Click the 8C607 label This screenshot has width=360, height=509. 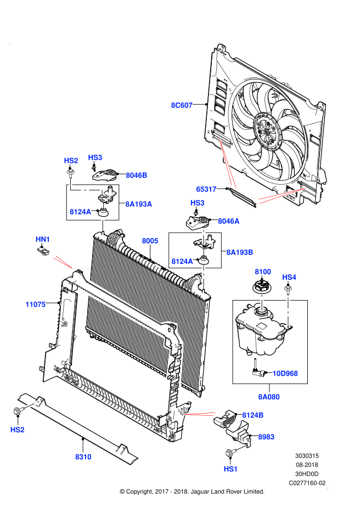182,105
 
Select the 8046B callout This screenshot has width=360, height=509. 137,176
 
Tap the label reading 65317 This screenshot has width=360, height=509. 206,189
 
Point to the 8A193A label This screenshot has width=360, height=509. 139,204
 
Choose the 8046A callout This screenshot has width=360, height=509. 229,221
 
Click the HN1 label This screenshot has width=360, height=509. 43,239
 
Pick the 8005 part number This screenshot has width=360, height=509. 150,241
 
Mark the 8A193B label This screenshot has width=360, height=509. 240,252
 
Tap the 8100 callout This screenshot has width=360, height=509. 263,272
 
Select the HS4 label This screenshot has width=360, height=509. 289,277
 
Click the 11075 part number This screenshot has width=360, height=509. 36,304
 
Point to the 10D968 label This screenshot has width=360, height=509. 285,374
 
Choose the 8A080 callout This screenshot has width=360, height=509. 269,397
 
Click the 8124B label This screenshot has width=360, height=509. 253,415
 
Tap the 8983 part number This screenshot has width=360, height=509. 266,437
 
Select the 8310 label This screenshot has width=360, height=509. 83,457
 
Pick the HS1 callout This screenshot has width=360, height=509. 231,469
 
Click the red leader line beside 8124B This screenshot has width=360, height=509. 200,414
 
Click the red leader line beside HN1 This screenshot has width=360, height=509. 63,262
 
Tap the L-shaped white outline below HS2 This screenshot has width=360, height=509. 82,189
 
